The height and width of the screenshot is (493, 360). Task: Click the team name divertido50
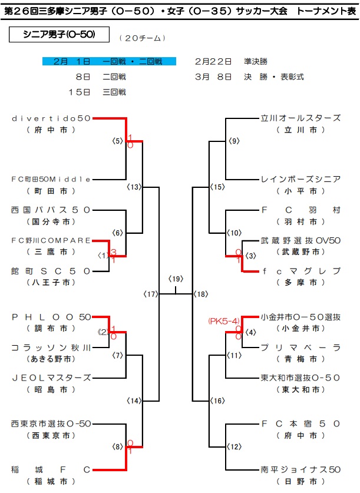click(x=51, y=118)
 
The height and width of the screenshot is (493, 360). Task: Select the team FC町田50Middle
click(x=51, y=179)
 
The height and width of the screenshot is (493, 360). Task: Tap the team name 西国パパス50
click(x=51, y=210)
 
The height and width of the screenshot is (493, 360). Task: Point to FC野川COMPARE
click(x=51, y=240)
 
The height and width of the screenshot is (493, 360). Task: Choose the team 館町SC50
click(x=51, y=271)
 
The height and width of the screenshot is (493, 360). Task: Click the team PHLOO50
click(x=51, y=317)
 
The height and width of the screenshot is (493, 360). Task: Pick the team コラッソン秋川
click(x=51, y=348)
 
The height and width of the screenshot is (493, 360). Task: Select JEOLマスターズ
click(x=51, y=378)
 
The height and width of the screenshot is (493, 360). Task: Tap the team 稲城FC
click(x=51, y=469)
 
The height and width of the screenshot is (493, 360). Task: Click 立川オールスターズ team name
click(x=300, y=118)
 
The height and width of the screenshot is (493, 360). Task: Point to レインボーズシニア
click(x=300, y=179)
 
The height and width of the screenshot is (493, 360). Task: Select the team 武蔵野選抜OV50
click(x=300, y=240)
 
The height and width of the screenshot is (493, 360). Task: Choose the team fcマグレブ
click(x=300, y=271)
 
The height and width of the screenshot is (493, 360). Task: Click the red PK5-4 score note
click(x=223, y=321)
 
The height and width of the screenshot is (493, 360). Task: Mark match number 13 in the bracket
click(x=134, y=187)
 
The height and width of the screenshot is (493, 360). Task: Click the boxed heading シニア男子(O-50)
click(x=59, y=35)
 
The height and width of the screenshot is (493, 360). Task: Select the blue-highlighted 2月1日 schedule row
click(x=109, y=61)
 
